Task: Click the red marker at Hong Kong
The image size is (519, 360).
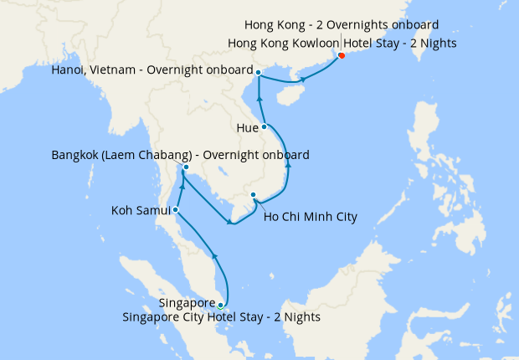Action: pyautogui.click(x=342, y=57)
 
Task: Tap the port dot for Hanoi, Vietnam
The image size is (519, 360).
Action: pyautogui.click(x=259, y=73)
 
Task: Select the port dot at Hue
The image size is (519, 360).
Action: pyautogui.click(x=264, y=127)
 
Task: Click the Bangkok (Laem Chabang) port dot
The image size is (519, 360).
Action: pyautogui.click(x=186, y=167)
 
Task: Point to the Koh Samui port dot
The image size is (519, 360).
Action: pyautogui.click(x=175, y=209)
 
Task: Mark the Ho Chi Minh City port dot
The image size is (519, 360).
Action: pyautogui.click(x=253, y=195)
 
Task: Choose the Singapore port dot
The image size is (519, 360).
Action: pyautogui.click(x=220, y=305)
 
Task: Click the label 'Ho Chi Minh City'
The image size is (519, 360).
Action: pyautogui.click(x=310, y=218)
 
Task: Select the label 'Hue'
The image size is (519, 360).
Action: pyautogui.click(x=247, y=127)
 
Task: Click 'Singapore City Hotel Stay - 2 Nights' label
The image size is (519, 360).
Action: pyautogui.click(x=221, y=317)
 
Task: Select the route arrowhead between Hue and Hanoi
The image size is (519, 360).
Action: pyautogui.click(x=259, y=100)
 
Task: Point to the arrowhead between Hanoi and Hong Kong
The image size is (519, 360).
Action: pyautogui.click(x=301, y=80)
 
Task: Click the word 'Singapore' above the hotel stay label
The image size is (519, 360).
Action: pyautogui.click(x=187, y=302)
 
